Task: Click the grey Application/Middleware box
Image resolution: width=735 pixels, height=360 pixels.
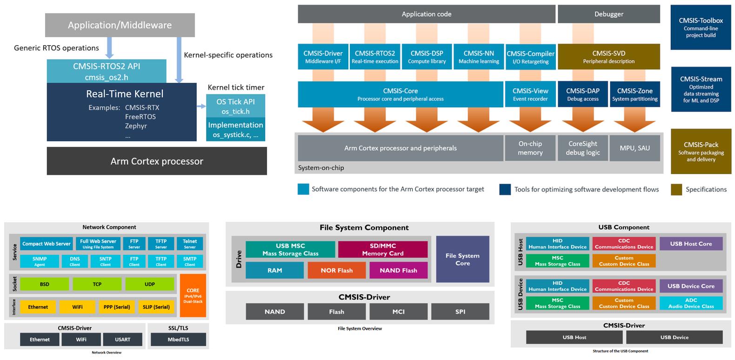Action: [x=120, y=25]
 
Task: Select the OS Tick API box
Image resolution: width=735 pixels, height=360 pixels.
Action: [x=235, y=106]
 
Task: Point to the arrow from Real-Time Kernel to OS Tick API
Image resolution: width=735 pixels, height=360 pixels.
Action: [x=201, y=107]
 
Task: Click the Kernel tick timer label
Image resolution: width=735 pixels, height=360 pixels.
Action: [x=236, y=87]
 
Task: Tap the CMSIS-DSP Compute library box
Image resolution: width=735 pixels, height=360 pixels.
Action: [x=427, y=57]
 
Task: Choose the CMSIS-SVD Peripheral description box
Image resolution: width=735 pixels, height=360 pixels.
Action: [x=608, y=57]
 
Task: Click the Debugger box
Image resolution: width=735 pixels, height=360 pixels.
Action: [x=608, y=14]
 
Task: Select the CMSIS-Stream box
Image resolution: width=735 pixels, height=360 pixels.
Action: [x=701, y=89]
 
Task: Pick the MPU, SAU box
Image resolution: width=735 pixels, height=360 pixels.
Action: [x=635, y=148]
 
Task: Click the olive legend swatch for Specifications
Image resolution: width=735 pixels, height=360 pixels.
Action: [x=676, y=189]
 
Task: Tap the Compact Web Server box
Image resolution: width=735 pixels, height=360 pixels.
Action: [x=47, y=244]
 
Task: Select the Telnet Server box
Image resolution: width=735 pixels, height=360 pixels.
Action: [x=190, y=244]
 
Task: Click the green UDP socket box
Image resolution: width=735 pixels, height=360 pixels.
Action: [x=150, y=284]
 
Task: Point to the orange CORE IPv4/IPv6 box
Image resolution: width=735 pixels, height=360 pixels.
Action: [x=193, y=296]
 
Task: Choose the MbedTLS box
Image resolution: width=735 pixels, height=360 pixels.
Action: [x=178, y=340]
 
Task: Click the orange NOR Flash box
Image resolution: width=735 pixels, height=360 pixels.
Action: [x=336, y=270]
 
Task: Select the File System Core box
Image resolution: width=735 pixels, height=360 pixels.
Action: [x=462, y=259]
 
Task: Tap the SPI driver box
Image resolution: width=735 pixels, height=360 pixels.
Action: [x=460, y=312]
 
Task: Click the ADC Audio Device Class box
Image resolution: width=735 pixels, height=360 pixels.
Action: [x=691, y=303]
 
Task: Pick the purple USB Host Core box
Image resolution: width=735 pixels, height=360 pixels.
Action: [x=691, y=244]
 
